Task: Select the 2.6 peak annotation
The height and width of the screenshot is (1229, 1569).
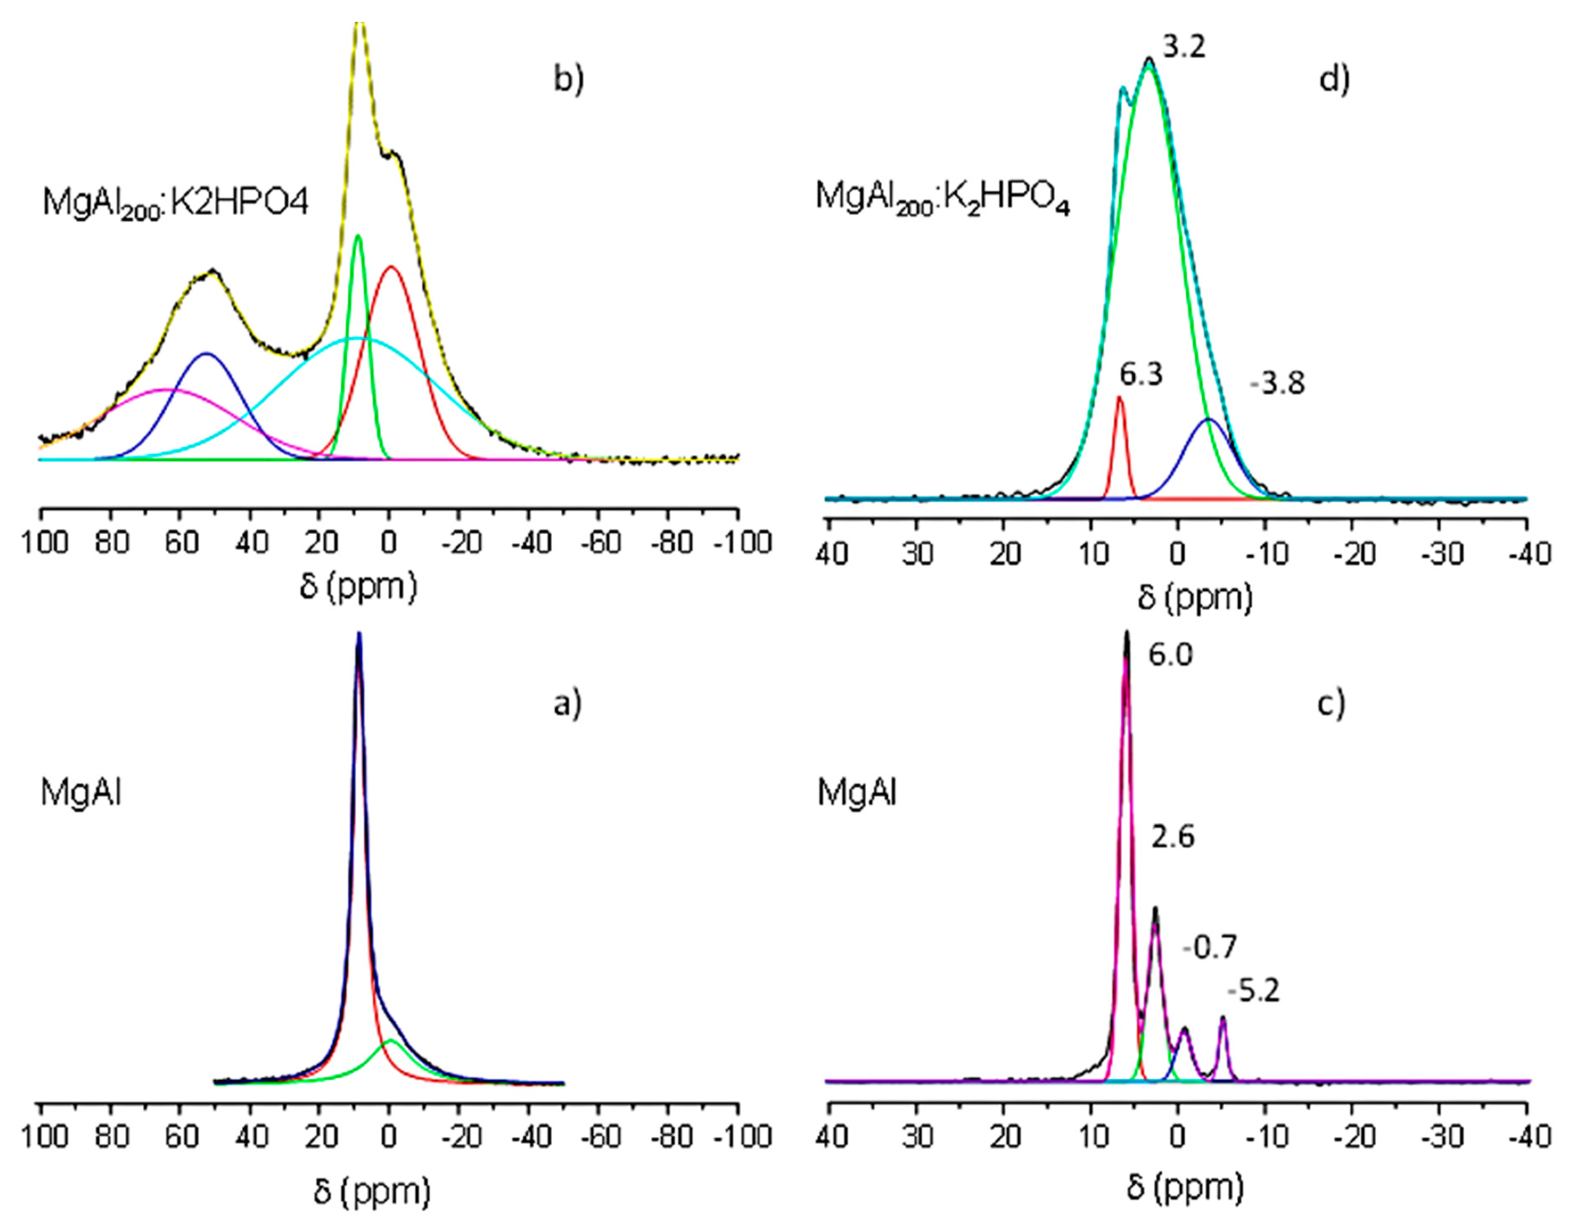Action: click(1173, 837)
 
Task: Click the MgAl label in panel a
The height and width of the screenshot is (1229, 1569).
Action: click(81, 794)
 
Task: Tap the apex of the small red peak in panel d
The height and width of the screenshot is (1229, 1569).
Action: click(1119, 397)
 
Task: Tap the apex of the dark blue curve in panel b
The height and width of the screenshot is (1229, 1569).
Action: click(207, 353)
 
